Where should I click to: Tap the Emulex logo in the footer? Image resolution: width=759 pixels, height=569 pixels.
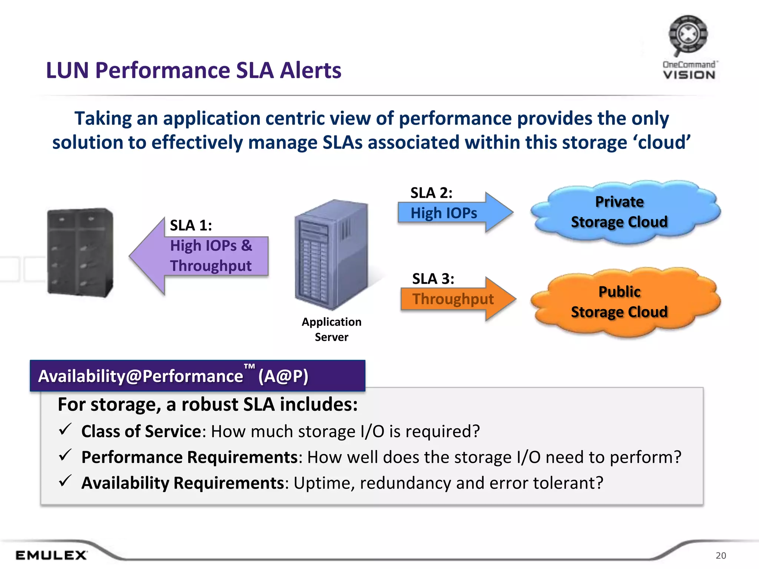pyautogui.click(x=51, y=555)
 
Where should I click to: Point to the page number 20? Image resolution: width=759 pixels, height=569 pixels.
pyautogui.click(x=720, y=555)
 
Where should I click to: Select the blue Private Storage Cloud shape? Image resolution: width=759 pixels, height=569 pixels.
pyautogui.click(x=624, y=212)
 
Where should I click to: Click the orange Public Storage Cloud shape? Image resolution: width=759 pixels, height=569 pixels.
pyautogui.click(x=624, y=302)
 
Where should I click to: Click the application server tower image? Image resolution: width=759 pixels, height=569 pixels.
pyautogui.click(x=331, y=254)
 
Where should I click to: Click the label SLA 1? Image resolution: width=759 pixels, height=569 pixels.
pyautogui.click(x=190, y=225)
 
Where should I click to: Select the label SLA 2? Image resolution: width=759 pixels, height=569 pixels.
pyautogui.click(x=431, y=193)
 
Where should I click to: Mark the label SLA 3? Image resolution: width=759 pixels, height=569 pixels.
pyautogui.click(x=433, y=279)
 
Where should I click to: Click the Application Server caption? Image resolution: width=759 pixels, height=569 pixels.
pyautogui.click(x=331, y=329)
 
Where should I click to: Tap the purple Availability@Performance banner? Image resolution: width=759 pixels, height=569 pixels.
pyautogui.click(x=197, y=376)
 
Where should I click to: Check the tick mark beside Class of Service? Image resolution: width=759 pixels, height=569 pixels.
pyautogui.click(x=65, y=430)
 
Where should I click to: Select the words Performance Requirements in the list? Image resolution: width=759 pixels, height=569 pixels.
pyautogui.click(x=189, y=457)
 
